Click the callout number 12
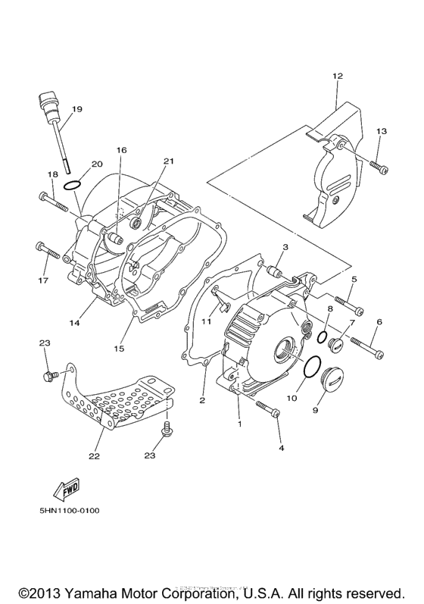pyautogui.click(x=337, y=76)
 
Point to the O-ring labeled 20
pyautogui.click(x=72, y=185)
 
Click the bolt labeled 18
pyautogui.click(x=53, y=202)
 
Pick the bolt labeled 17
pyautogui.click(x=48, y=250)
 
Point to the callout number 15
pyautogui.click(x=118, y=348)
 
